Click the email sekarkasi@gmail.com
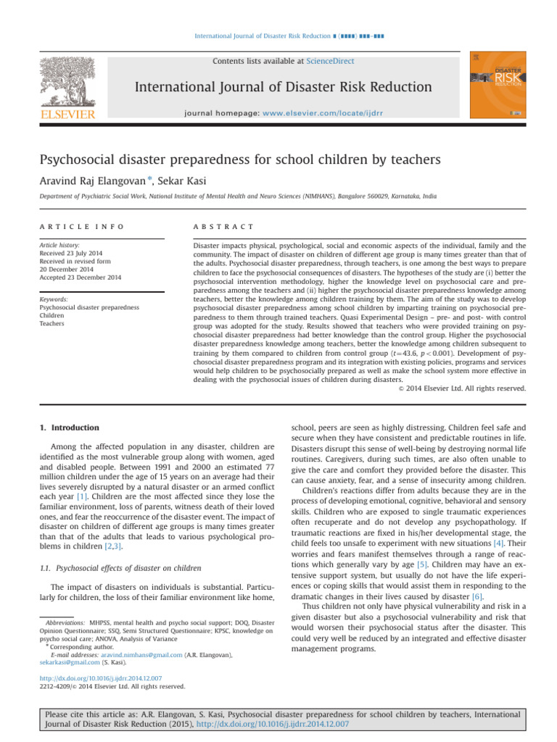55,682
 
